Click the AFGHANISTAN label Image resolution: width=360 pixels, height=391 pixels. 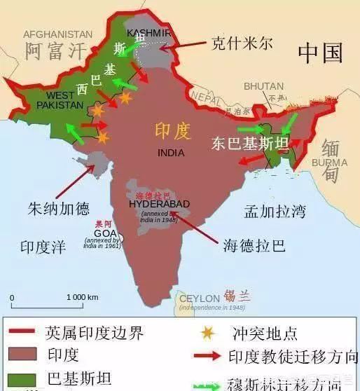[x=57, y=34]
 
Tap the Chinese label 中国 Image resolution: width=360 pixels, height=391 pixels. [x=320, y=52]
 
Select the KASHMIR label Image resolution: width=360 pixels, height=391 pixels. [x=148, y=33]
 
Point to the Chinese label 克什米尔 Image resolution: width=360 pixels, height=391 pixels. [x=242, y=44]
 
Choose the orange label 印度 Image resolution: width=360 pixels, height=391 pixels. [x=172, y=130]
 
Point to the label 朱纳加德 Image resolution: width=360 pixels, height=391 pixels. [x=58, y=209]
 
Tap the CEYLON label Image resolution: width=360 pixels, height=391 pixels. [x=200, y=299]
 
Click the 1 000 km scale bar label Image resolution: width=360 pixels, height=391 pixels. [x=83, y=298]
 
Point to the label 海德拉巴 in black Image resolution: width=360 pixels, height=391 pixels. [x=254, y=246]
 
